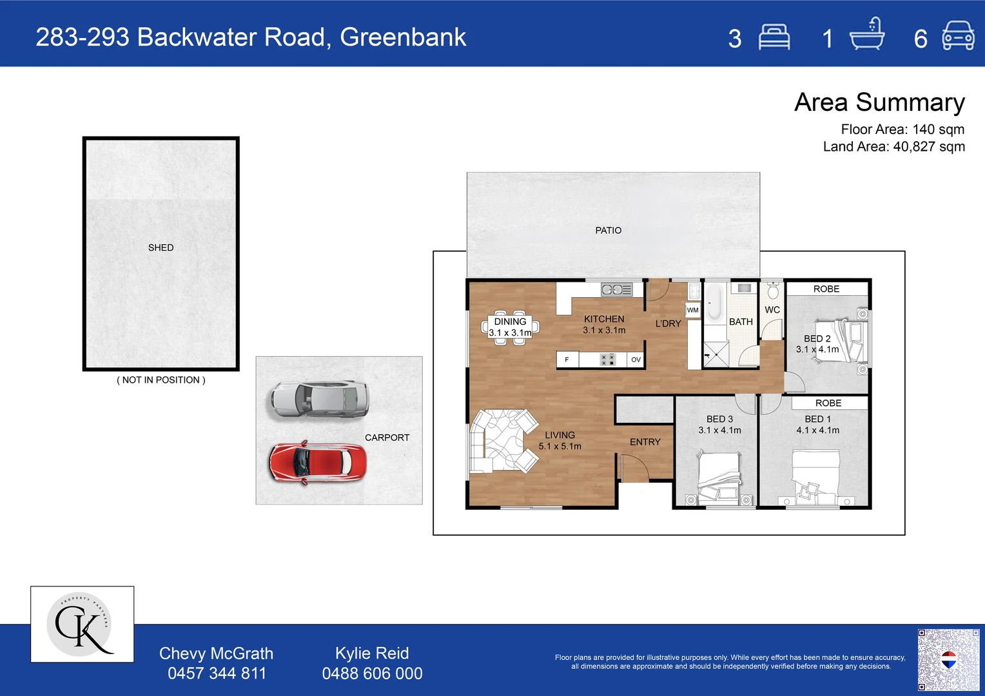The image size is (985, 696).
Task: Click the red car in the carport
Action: [x=318, y=463]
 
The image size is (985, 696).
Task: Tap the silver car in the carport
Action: [x=320, y=399]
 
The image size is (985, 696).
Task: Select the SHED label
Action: [x=161, y=247]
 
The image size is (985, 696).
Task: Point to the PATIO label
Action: [x=608, y=230]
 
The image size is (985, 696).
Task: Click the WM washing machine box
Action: [x=692, y=310]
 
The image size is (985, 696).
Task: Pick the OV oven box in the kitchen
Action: [x=636, y=360]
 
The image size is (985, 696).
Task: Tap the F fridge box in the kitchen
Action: [x=567, y=360]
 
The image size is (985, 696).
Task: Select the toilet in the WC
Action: [x=773, y=290]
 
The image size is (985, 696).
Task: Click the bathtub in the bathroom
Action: [x=714, y=302]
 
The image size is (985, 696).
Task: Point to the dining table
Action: [x=510, y=327]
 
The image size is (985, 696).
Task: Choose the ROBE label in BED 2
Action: [x=826, y=289]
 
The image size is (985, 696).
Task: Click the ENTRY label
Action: [x=645, y=442]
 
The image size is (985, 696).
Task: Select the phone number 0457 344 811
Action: [x=217, y=673]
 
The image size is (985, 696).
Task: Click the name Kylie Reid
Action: [x=372, y=653]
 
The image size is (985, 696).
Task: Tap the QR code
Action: [x=948, y=659]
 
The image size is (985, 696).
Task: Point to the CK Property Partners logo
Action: [x=83, y=624]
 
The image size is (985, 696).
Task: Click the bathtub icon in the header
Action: [x=867, y=34]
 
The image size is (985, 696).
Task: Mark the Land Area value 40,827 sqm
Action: [x=929, y=146]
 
